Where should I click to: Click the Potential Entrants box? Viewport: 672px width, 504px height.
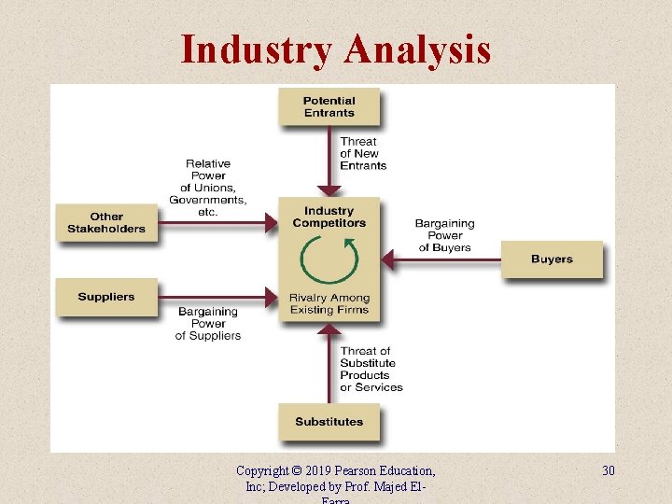tap(329, 106)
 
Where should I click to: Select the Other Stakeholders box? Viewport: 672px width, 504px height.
tap(106, 223)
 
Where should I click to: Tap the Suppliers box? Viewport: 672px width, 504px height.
tap(106, 297)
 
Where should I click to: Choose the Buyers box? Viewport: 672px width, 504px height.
tap(552, 259)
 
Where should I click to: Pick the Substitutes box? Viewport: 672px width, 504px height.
tap(329, 422)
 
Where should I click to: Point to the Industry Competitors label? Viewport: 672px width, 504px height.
tap(329, 217)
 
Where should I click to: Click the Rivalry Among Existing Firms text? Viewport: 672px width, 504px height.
tap(329, 304)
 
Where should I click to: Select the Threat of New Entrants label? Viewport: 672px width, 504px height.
tap(363, 154)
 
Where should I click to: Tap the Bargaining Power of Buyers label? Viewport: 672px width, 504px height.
tap(445, 235)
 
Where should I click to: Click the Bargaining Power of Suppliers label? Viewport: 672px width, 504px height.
tap(208, 324)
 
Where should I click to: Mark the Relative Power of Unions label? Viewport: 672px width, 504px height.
tap(208, 188)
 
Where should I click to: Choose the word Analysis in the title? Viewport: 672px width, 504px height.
tap(416, 49)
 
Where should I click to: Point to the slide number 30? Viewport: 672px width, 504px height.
tap(608, 470)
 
